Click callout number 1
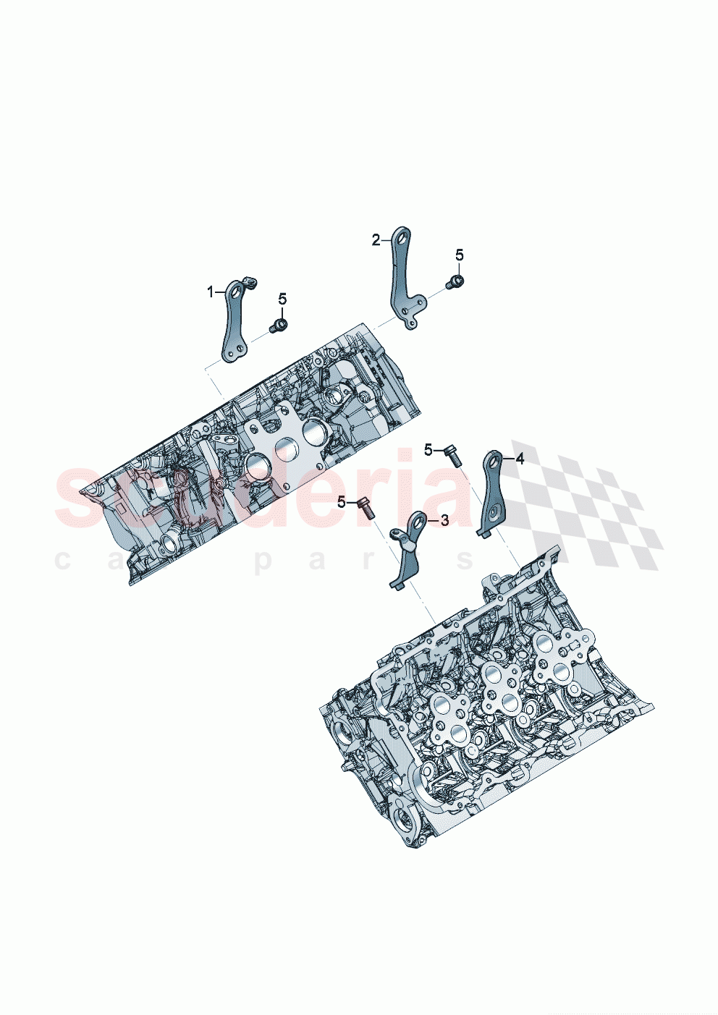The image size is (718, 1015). click(x=211, y=292)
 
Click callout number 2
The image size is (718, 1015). click(x=376, y=240)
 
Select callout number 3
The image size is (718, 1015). click(x=444, y=520)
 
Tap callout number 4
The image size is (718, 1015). click(x=519, y=459)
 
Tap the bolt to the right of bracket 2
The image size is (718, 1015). click(x=455, y=281)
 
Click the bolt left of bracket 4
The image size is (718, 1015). click(x=452, y=454)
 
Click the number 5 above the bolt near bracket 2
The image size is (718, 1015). click(x=460, y=255)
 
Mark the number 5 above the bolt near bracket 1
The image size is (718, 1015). click(x=282, y=299)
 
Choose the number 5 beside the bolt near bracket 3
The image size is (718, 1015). click(x=341, y=501)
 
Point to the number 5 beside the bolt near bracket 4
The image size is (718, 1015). click(x=428, y=450)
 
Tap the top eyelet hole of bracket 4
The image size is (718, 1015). click(x=495, y=458)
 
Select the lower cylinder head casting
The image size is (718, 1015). click(x=478, y=716)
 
